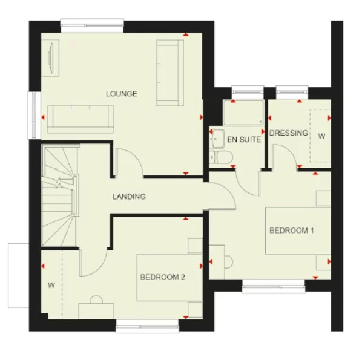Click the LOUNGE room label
click(x=121, y=94)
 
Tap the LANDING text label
click(x=129, y=197)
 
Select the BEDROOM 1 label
click(x=292, y=231)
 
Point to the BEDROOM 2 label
click(x=162, y=277)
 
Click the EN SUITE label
click(x=244, y=139)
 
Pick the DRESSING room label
click(x=289, y=133)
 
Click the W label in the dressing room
click(x=321, y=136)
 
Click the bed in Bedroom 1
click(x=298, y=231)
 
